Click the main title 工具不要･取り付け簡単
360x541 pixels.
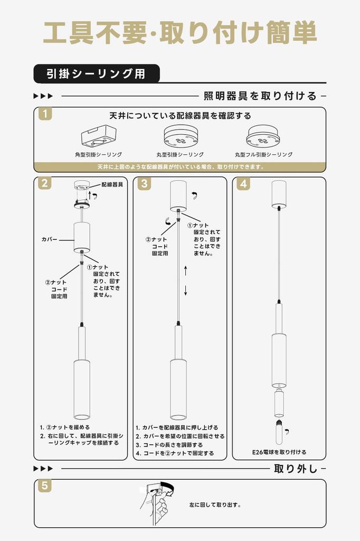click(x=179, y=33)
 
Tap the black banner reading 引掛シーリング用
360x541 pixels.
click(x=96, y=74)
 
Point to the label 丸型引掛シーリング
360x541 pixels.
click(x=180, y=155)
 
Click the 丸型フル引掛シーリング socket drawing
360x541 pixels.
click(x=263, y=136)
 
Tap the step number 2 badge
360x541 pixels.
click(x=45, y=183)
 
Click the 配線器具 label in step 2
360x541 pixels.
click(x=112, y=184)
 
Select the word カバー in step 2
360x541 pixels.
click(x=50, y=239)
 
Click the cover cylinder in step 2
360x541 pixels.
click(x=81, y=237)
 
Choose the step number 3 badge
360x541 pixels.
click(x=144, y=183)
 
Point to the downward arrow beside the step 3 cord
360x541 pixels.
click(x=185, y=290)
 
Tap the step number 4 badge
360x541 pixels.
click(x=243, y=183)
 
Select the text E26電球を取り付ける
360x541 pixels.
click(x=279, y=452)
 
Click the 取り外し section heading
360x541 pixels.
click(x=295, y=469)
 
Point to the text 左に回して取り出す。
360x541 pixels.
click(x=215, y=505)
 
